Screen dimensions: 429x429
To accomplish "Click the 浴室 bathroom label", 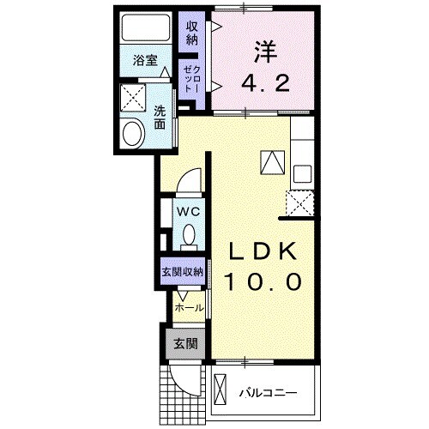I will (x=145, y=60).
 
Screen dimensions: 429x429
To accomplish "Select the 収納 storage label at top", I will (x=192, y=32).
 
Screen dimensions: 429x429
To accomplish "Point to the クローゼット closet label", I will (x=190, y=82).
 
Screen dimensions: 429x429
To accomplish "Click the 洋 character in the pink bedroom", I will (x=263, y=50).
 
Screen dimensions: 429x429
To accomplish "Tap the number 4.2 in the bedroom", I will (x=263, y=84).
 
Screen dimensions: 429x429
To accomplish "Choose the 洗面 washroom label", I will (x=160, y=117).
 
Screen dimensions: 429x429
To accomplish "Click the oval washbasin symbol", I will (x=134, y=133).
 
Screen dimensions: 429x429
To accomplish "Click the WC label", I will (x=188, y=209).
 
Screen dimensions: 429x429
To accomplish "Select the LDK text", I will (x=263, y=251).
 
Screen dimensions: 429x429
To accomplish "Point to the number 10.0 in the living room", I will (x=263, y=281).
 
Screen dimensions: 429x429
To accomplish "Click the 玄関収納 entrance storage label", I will (x=182, y=272).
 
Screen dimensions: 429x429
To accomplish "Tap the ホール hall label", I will (x=189, y=307).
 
